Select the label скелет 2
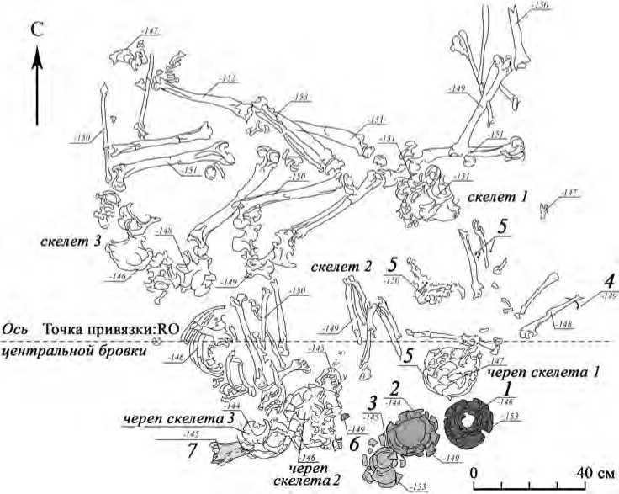tap(341, 268)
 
